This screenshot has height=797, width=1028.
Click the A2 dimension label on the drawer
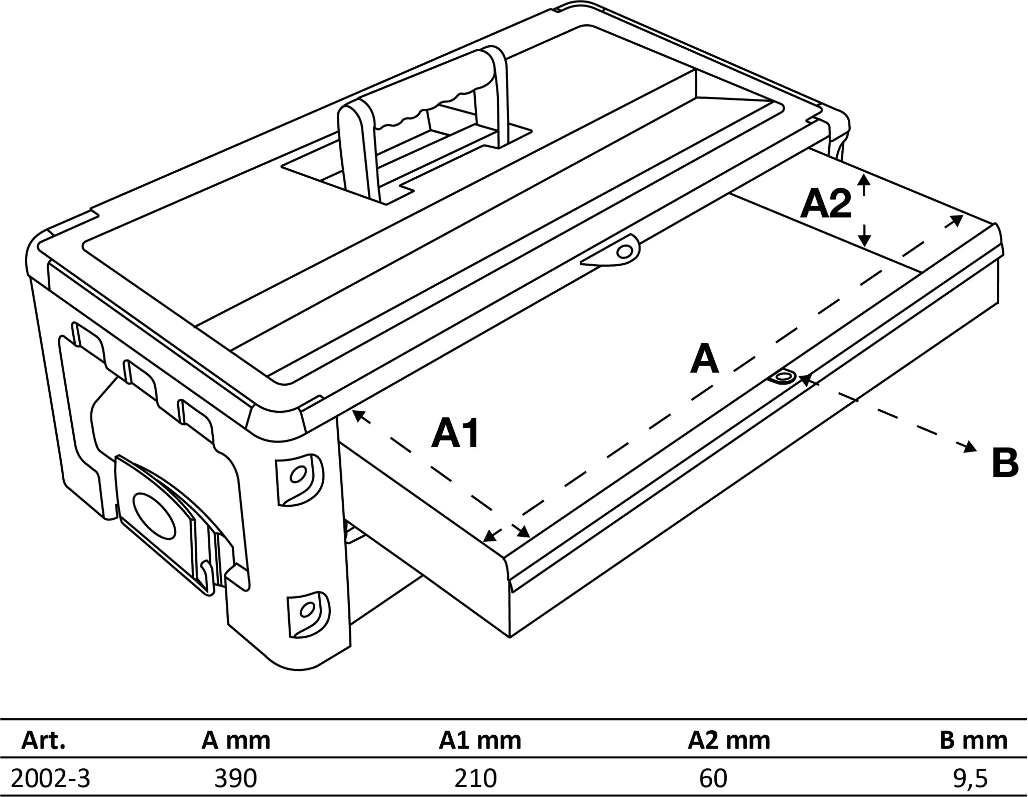coord(826,204)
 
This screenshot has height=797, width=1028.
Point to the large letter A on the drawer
coord(704,360)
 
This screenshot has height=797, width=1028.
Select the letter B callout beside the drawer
coord(1004,463)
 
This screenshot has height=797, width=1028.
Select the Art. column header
coord(43,740)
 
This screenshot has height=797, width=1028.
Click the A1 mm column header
coord(480,740)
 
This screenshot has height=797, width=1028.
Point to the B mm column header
coord(973,740)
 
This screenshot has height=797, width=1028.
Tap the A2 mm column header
coord(728,740)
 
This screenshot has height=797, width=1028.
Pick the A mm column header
coord(235,740)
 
